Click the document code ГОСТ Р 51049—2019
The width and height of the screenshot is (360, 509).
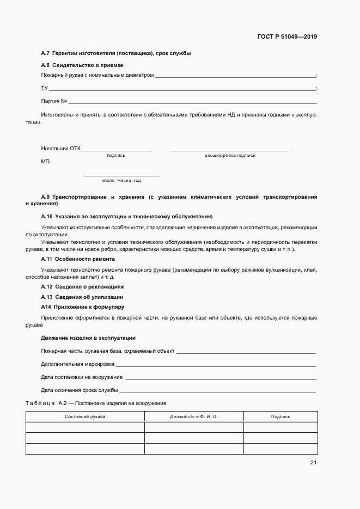pyautogui.click(x=286, y=37)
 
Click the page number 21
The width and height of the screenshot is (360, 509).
pyautogui.click(x=313, y=463)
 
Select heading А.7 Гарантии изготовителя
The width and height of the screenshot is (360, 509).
pyautogui.click(x=116, y=53)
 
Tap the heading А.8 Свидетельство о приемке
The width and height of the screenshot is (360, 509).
pyautogui.click(x=82, y=65)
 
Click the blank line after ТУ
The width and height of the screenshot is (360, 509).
pyautogui.click(x=182, y=89)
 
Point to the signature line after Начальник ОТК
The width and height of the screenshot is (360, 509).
pyautogui.click(x=117, y=150)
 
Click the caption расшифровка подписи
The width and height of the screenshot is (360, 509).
pyautogui.click(x=230, y=156)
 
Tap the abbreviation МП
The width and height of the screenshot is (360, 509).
pyautogui.click(x=45, y=162)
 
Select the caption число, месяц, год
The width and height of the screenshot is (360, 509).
pyautogui.click(x=121, y=180)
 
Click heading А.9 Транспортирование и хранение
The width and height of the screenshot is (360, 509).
pyautogui.click(x=179, y=197)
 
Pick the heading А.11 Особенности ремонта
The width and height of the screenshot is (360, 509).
pyautogui.click(x=78, y=259)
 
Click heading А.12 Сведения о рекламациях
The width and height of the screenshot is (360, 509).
pyautogui.click(x=82, y=286)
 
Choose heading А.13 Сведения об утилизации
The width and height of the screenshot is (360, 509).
pyautogui.click(x=82, y=297)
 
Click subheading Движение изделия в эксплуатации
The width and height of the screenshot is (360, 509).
pyautogui.click(x=88, y=338)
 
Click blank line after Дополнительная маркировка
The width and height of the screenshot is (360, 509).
pyautogui.click(x=216, y=365)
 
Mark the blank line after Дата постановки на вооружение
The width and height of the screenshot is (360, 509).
pyautogui.click(x=221, y=378)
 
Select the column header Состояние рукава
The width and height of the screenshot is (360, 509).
pyautogui.click(x=85, y=416)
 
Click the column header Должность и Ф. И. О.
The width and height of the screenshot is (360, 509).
pyautogui.click(x=193, y=416)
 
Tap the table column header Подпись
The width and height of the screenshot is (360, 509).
pyautogui.click(x=280, y=416)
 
